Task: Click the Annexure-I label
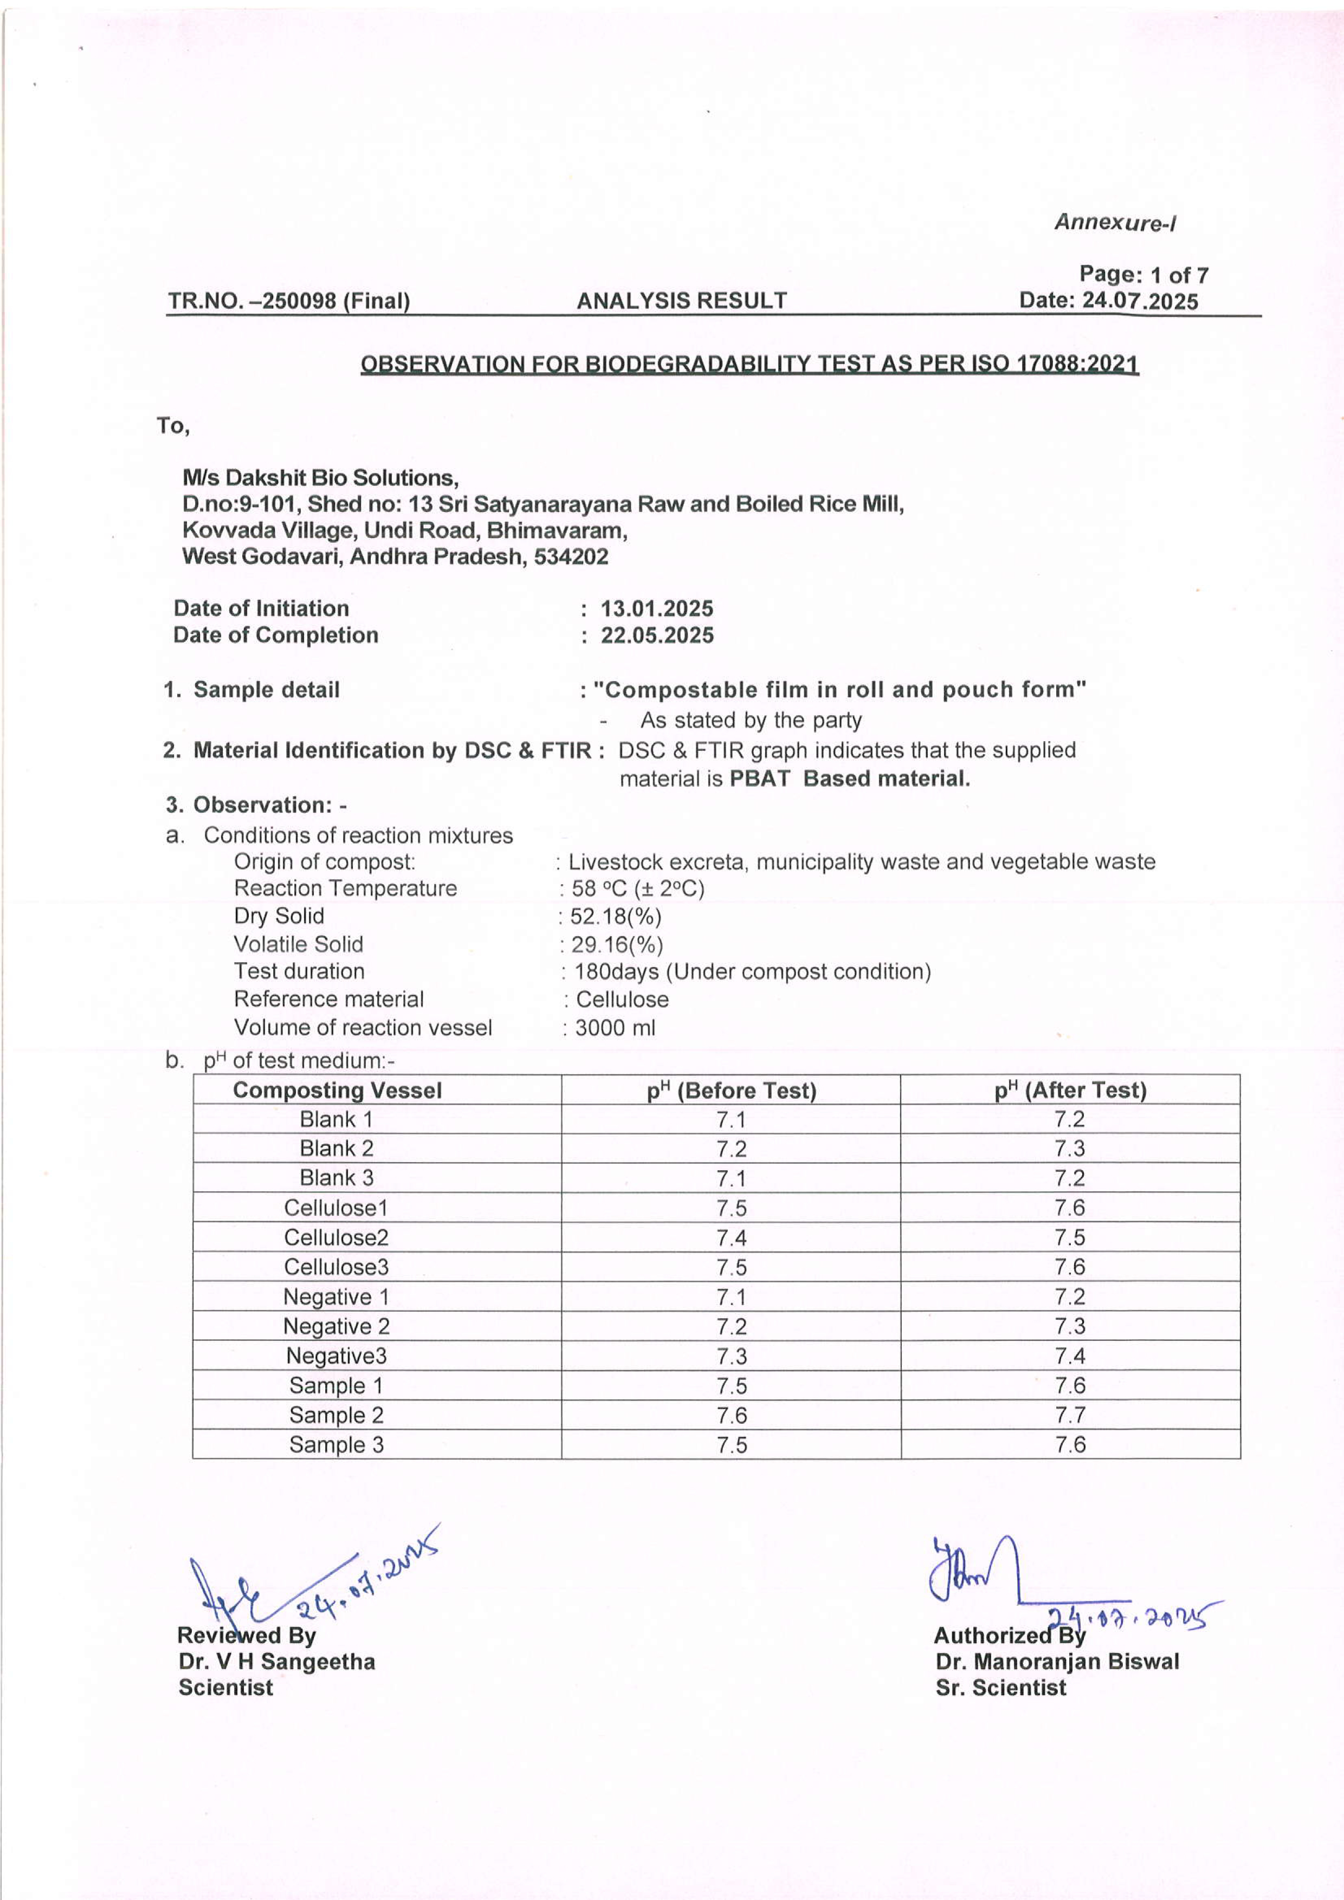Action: click(1115, 223)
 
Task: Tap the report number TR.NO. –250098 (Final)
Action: click(289, 301)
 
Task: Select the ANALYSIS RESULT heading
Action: click(681, 301)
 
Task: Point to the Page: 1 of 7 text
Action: click(1143, 275)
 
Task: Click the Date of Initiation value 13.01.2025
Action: click(656, 609)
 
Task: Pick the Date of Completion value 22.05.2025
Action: click(656, 636)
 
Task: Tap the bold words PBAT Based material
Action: click(849, 779)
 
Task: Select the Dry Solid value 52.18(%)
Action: click(615, 917)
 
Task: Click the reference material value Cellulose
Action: click(622, 1000)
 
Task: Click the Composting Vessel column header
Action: click(338, 1091)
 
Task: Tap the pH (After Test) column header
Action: click(1070, 1091)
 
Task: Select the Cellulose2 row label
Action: click(336, 1238)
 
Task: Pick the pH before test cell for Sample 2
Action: click(732, 1416)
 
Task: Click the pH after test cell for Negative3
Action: click(1070, 1356)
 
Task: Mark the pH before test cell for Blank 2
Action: click(732, 1150)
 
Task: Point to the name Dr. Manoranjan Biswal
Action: click(1057, 1663)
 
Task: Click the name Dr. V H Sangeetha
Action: click(276, 1663)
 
